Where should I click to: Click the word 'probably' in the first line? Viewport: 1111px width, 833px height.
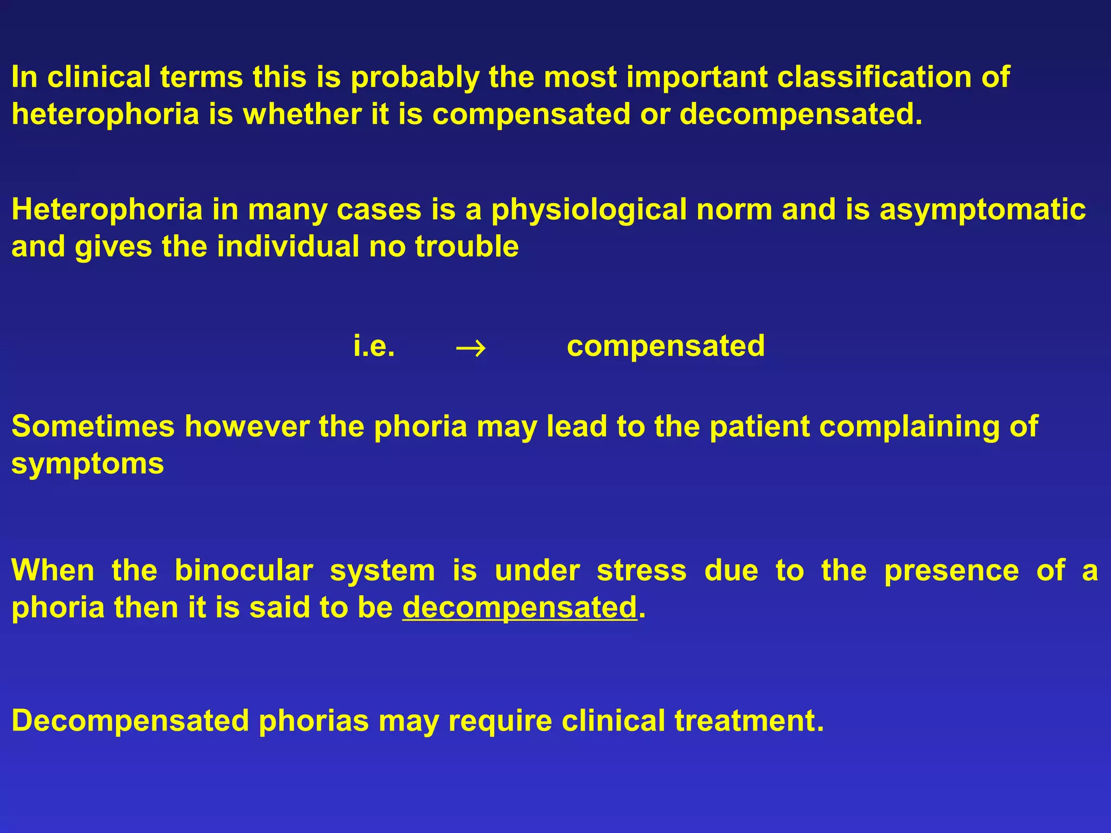pos(414,78)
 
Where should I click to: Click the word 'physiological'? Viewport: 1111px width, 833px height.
pos(589,210)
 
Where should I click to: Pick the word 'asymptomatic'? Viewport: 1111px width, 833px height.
pos(982,210)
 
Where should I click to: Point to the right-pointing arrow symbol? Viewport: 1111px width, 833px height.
pos(471,348)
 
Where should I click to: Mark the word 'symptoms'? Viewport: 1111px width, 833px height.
pos(88,465)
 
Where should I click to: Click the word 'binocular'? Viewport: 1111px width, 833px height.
pos(244,571)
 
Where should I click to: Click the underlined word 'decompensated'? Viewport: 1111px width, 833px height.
pos(519,608)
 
